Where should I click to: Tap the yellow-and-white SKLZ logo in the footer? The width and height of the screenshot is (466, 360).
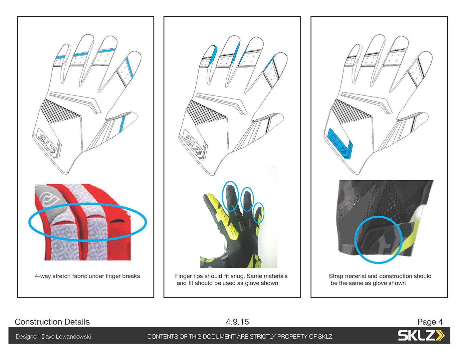pyautogui.click(x=421, y=335)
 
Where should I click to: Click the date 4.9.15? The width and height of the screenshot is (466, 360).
pyautogui.click(x=237, y=322)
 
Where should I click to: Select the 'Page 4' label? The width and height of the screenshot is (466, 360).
pyautogui.click(x=430, y=322)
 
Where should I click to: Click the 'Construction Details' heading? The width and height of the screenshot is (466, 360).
pyautogui.click(x=52, y=322)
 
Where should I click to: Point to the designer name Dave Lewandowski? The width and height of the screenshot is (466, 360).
pyautogui.click(x=66, y=337)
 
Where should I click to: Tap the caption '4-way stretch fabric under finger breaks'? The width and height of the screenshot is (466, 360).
pyautogui.click(x=87, y=276)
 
